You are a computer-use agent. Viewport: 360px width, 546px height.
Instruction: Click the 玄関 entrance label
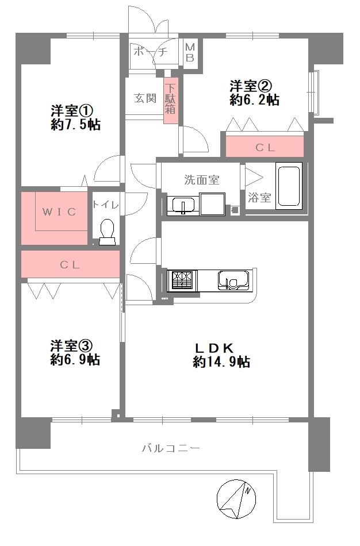coord(145,98)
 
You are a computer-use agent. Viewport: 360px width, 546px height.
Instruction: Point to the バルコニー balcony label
coord(171,448)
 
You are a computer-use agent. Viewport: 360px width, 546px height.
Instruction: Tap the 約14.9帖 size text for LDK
coord(221,362)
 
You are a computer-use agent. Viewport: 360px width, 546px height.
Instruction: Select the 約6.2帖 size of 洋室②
coord(254,100)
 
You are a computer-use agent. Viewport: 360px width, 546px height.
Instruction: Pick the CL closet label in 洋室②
coord(265,147)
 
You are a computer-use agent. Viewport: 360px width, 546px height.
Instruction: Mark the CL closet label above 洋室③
coord(70,265)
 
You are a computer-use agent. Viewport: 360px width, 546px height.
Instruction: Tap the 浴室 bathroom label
coord(259,198)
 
